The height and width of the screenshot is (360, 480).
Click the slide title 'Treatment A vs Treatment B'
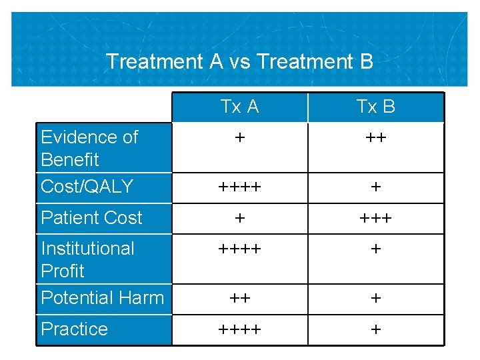(x=239, y=61)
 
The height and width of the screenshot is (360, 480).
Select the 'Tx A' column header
(x=239, y=107)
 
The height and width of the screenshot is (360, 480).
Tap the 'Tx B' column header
(x=375, y=107)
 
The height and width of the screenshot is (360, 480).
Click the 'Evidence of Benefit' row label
(x=89, y=148)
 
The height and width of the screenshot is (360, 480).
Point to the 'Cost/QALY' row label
(x=87, y=187)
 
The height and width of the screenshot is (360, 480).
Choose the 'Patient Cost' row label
(x=91, y=218)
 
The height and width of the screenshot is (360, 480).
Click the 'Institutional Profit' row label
(x=87, y=259)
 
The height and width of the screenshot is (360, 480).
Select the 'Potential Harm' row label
(x=102, y=298)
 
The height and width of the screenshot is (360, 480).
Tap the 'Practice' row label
(x=74, y=329)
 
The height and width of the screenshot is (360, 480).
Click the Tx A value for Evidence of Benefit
(x=239, y=138)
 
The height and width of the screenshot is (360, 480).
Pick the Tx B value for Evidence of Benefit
(x=375, y=138)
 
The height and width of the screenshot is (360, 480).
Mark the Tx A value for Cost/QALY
(x=239, y=188)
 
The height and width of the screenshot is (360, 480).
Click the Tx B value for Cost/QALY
(x=375, y=188)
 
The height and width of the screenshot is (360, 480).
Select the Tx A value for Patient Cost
(x=239, y=219)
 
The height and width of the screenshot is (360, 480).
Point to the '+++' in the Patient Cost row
(x=375, y=219)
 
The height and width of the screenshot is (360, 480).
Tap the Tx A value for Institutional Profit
(x=239, y=249)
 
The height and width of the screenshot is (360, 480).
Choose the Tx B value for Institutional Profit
(x=375, y=249)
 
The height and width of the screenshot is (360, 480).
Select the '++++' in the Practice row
(x=239, y=330)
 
